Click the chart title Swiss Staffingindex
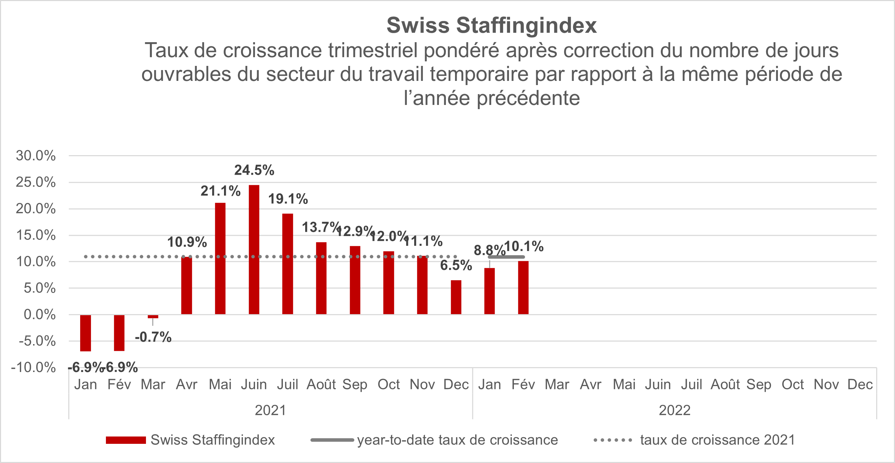(492, 25)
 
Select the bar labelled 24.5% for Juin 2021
(254, 250)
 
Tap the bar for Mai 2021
(220, 258)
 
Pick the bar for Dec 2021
(456, 297)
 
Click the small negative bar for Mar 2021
(153, 317)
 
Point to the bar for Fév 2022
(523, 288)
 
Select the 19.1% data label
(288, 199)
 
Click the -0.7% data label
(153, 337)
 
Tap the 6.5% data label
(456, 265)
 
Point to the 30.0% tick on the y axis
(36, 155)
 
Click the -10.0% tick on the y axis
(33, 367)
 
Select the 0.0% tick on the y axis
(40, 314)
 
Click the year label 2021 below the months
(270, 410)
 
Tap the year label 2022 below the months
(674, 410)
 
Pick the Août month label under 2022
(725, 385)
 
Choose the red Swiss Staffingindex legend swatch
(126, 440)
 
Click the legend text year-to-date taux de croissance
(457, 440)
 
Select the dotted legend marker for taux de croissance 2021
(613, 440)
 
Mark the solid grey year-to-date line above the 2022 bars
(506, 257)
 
